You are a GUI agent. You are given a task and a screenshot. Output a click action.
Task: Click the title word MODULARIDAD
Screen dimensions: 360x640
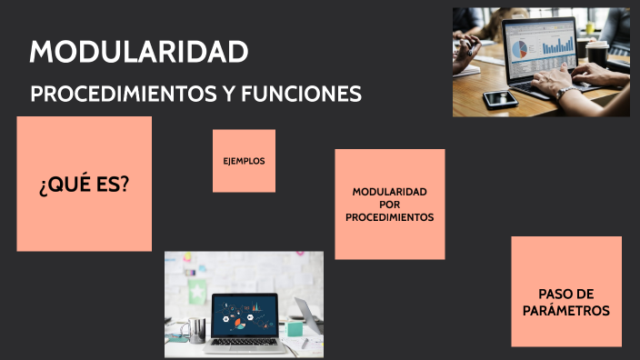[x=138, y=53]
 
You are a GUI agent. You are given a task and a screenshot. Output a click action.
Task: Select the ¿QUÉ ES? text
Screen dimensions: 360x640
[x=84, y=185]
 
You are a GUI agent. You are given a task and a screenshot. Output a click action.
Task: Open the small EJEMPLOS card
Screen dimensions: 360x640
[x=244, y=161]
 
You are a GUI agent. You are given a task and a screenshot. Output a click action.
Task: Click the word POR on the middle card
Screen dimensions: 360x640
[x=389, y=205]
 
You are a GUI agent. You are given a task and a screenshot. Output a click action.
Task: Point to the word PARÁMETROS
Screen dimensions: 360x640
[x=566, y=310]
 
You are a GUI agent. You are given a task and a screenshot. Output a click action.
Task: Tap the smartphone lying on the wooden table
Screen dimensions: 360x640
[x=499, y=99]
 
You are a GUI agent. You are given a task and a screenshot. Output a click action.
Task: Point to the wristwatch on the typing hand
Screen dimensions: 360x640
[x=565, y=93]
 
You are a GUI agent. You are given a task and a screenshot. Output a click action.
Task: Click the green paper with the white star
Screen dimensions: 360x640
[x=198, y=292]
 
